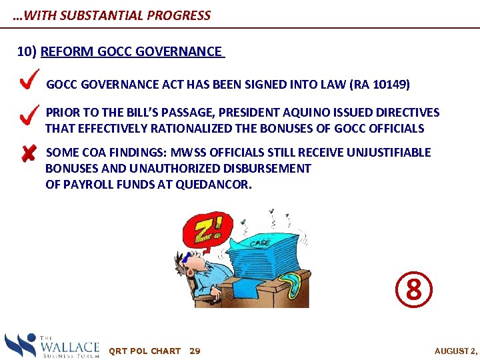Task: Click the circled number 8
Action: [414, 290]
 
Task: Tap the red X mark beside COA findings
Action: [27, 154]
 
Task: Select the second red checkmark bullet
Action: [28, 117]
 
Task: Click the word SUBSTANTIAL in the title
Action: [100, 15]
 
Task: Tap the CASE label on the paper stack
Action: [259, 243]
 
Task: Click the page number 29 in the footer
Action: [195, 351]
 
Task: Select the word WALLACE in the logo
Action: [70, 345]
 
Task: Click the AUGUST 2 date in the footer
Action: [456, 351]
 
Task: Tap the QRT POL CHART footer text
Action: [145, 351]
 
